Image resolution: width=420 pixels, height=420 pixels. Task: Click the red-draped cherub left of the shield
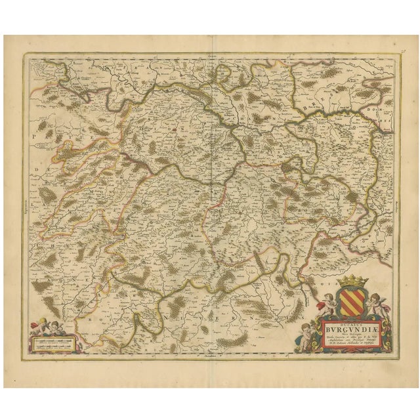tap(325, 303)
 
